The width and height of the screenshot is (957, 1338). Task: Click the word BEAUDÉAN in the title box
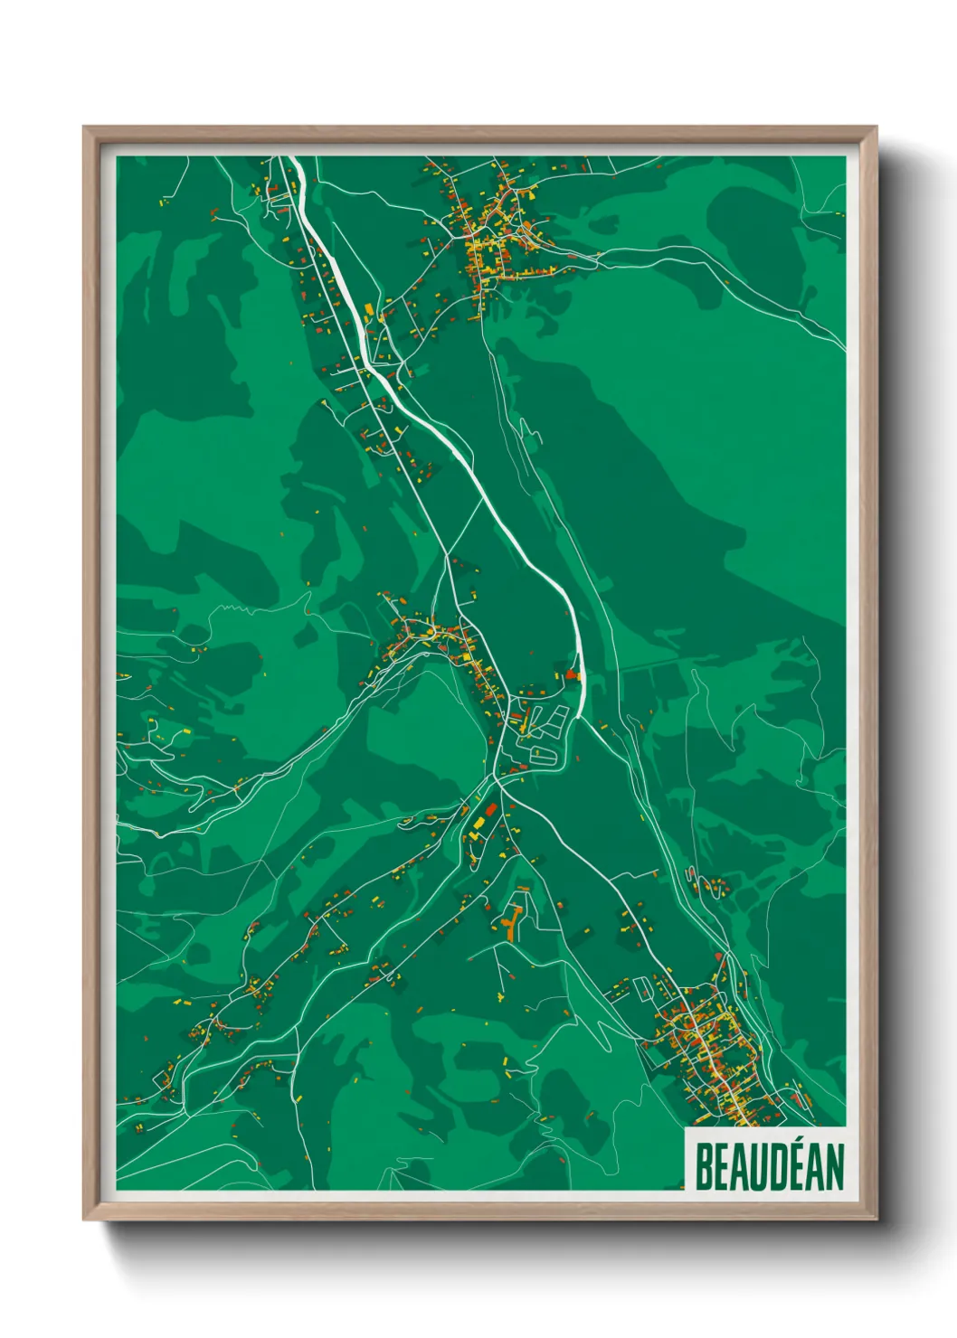pos(768,1166)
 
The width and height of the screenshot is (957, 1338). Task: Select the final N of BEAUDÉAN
pos(833,1166)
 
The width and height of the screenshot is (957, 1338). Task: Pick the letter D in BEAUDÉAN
pos(768,1166)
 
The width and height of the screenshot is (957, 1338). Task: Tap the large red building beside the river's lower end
pos(571,674)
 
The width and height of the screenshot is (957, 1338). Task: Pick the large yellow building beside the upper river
pos(369,309)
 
